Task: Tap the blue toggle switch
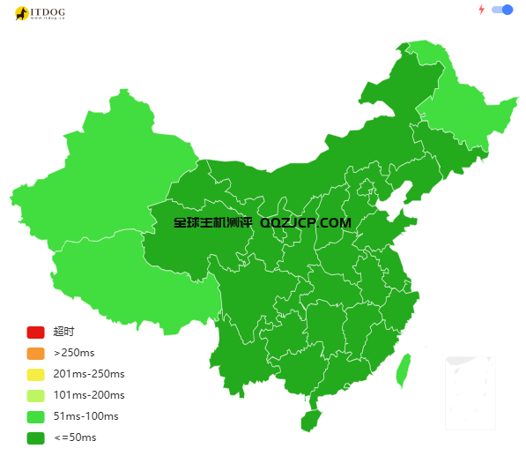[502, 10]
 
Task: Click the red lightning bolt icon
[481, 10]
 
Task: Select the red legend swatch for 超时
[35, 332]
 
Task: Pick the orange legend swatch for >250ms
[35, 353]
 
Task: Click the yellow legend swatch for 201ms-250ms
[35, 374]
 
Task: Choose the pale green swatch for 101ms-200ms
[35, 395]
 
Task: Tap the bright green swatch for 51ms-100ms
[35, 416]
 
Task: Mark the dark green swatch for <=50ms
[35, 437]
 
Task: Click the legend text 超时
[63, 332]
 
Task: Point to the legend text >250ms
[74, 353]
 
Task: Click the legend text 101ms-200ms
[89, 395]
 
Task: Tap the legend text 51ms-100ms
[85, 416]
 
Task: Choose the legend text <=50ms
[75, 437]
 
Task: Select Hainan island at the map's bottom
[310, 421]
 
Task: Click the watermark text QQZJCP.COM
[306, 223]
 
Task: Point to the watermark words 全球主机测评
[212, 223]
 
